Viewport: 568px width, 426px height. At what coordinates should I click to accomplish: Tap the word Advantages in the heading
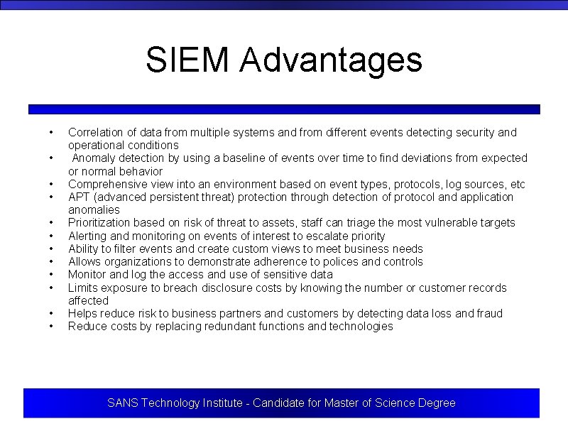331,60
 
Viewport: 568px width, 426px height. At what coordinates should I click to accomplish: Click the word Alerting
88,236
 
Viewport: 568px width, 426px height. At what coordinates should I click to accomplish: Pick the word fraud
488,313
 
